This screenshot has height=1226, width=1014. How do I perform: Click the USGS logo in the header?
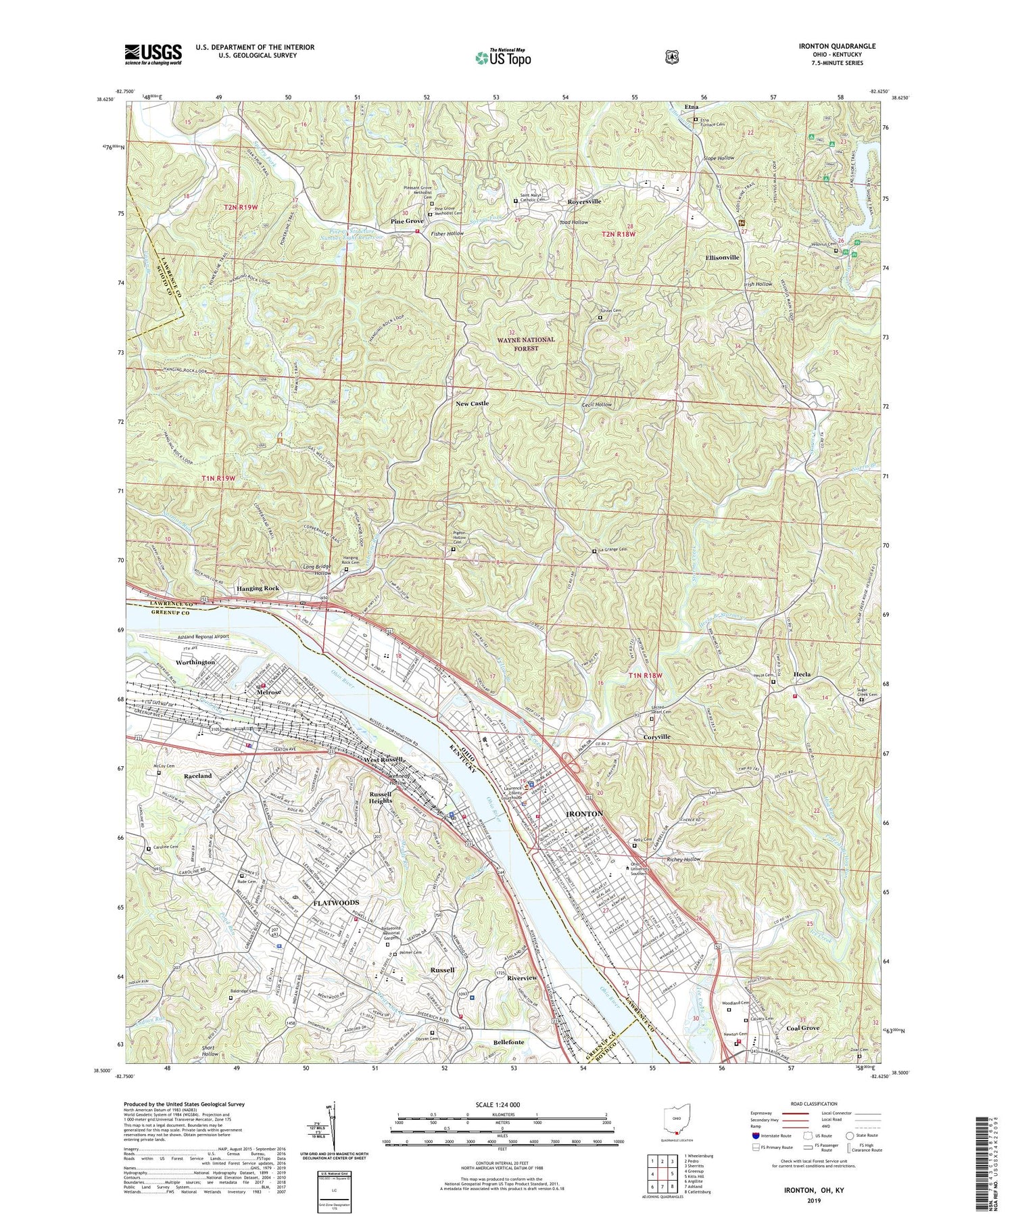pos(153,54)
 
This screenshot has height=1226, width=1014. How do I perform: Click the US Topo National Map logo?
pos(503,57)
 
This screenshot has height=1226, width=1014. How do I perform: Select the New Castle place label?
pos(472,404)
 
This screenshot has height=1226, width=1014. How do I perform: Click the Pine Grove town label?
pos(407,222)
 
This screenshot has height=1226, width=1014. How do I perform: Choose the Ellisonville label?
pos(722,258)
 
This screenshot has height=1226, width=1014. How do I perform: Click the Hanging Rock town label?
pos(258,588)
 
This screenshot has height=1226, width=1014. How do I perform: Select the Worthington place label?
pos(195,662)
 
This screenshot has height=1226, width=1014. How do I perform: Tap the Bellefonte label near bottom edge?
pos(508,1042)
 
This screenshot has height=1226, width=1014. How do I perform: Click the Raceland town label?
pos(198,776)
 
